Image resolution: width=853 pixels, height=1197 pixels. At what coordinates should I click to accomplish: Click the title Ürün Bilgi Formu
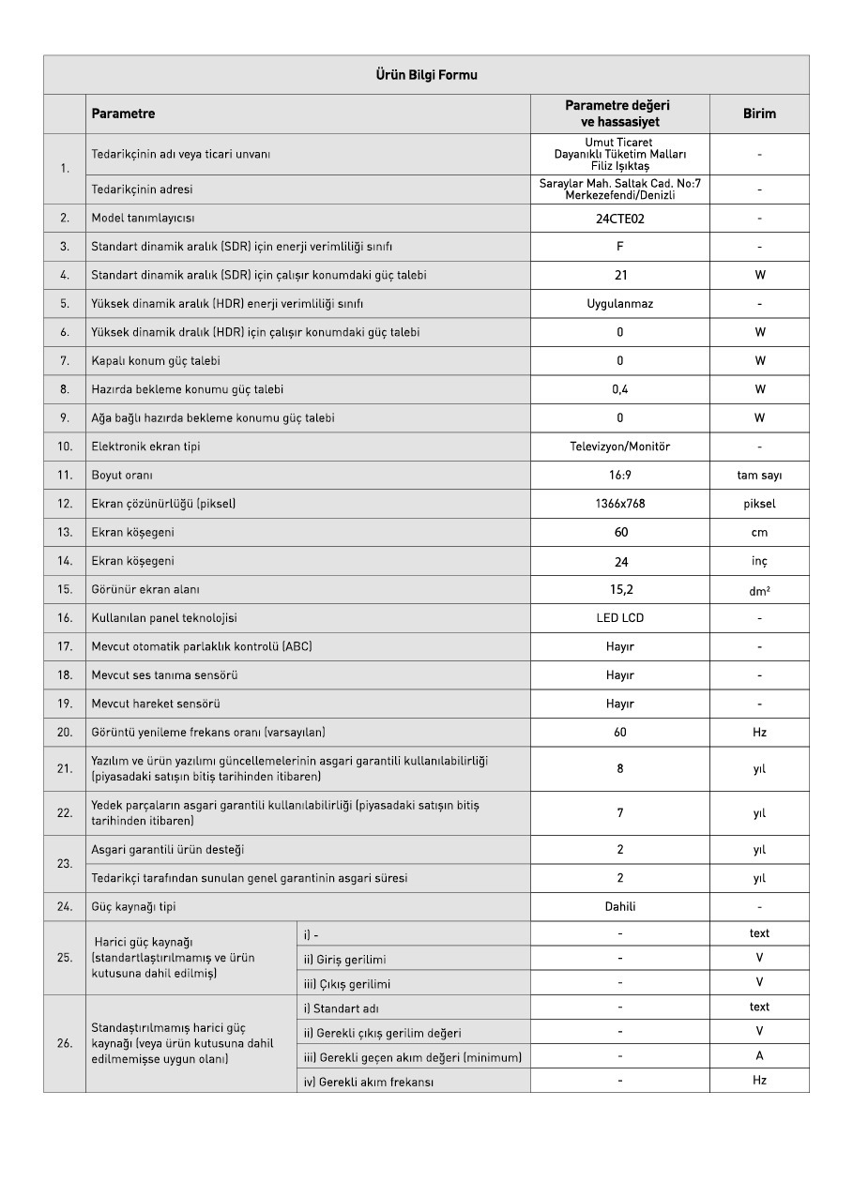426,75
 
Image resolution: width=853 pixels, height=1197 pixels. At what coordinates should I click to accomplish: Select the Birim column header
759,114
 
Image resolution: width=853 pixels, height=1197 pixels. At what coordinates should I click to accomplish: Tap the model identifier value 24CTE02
619,219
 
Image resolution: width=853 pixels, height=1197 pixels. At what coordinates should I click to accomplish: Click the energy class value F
619,247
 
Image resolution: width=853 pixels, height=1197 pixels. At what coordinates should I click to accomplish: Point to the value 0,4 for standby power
619,389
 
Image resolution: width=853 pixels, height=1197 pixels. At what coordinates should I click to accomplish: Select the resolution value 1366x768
619,504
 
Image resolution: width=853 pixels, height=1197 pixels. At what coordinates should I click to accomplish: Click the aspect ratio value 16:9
619,476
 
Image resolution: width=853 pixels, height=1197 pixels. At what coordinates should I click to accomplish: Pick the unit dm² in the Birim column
759,591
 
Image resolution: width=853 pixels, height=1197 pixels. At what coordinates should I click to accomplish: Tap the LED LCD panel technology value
619,618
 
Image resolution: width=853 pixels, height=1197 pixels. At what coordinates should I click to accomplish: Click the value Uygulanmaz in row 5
619,304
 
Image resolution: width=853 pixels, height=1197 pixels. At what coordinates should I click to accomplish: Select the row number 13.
65,533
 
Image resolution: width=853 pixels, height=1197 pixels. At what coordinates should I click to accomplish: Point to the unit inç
759,561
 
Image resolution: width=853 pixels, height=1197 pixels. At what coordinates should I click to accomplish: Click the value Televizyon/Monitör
619,447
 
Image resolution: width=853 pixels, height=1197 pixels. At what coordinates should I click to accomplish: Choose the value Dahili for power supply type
619,907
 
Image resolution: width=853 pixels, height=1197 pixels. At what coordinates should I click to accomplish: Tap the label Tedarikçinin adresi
142,189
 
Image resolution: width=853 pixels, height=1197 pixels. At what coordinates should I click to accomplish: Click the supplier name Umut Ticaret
619,143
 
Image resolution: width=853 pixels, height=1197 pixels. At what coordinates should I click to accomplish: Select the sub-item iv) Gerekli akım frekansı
369,1082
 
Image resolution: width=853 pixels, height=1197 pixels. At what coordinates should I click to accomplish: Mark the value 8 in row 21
619,768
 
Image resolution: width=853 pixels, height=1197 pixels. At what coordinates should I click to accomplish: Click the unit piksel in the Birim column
759,504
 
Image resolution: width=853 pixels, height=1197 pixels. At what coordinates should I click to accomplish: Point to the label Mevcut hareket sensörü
156,704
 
